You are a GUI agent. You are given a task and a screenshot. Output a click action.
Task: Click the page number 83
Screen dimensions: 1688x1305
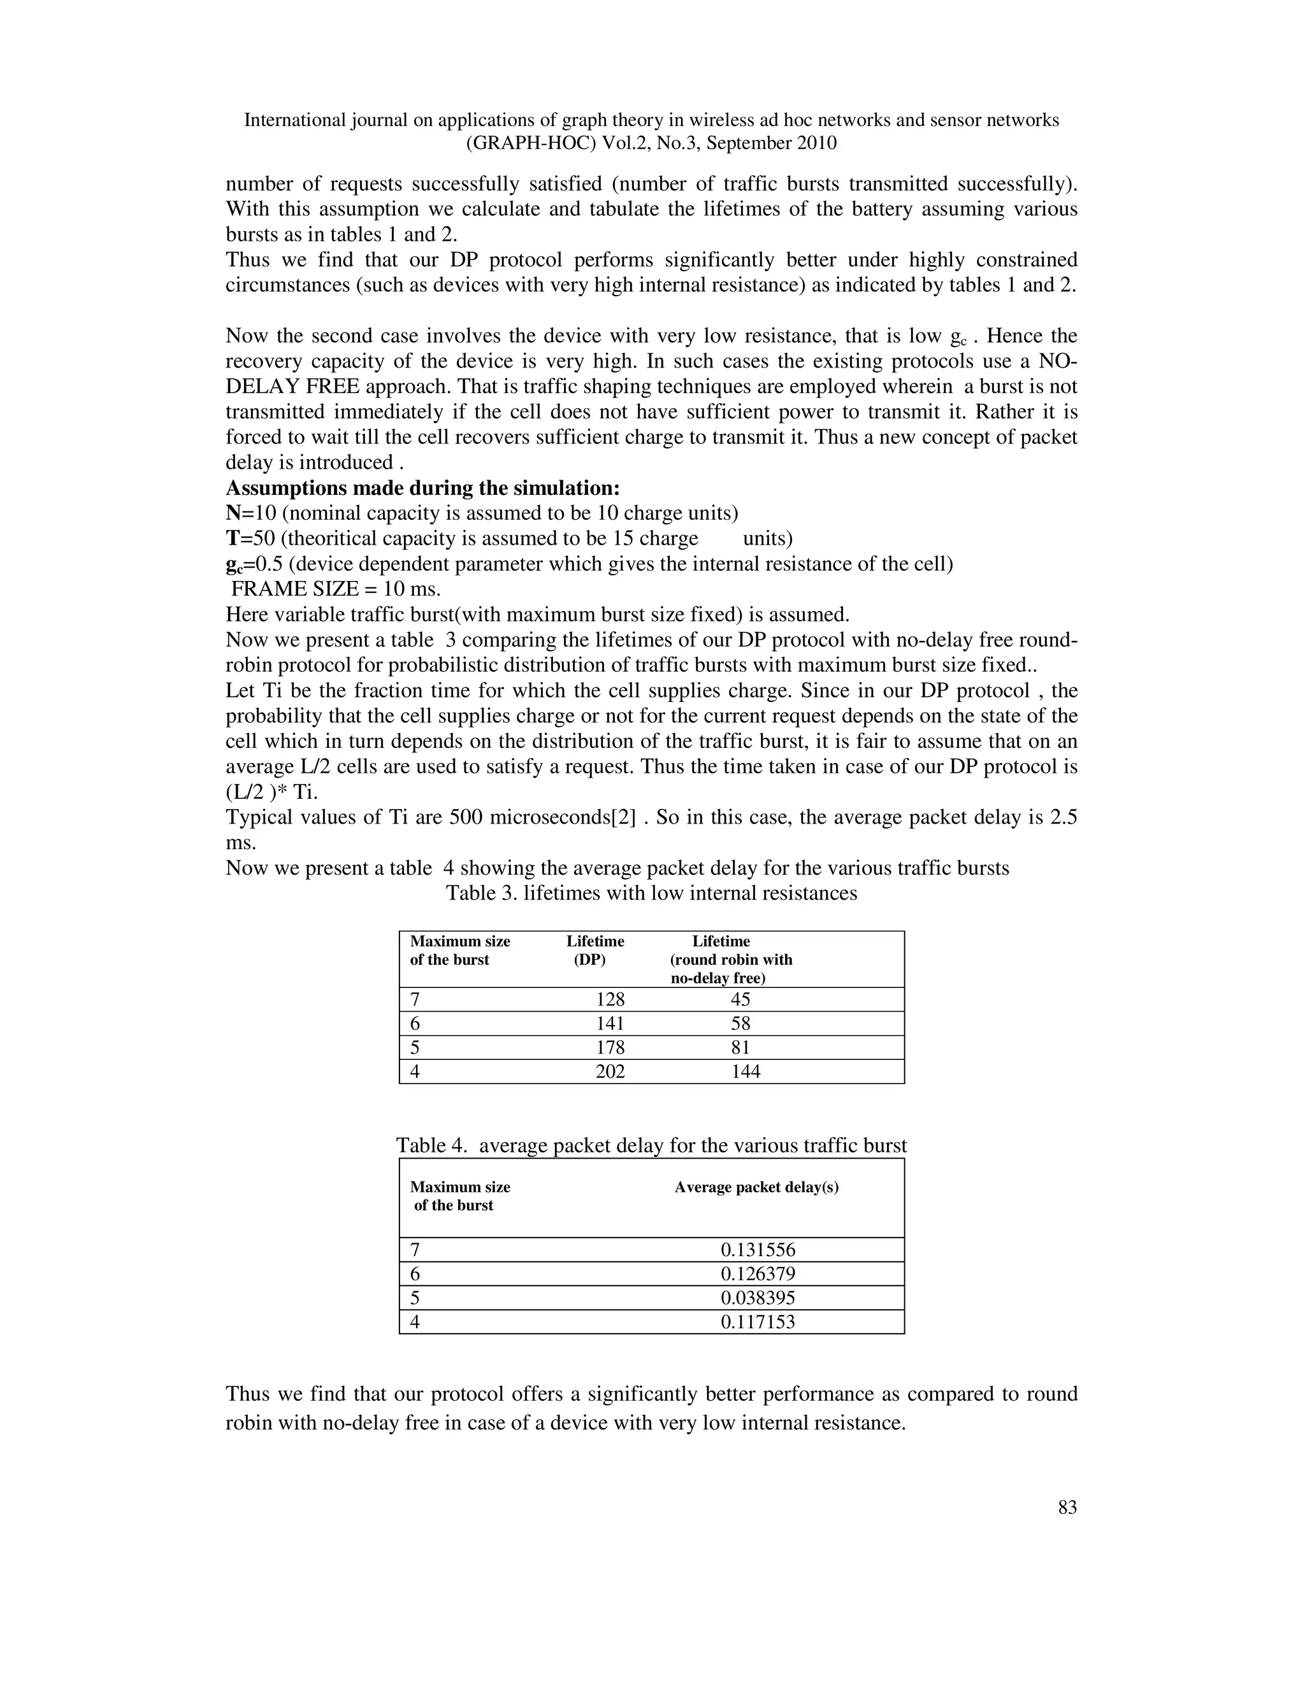pyautogui.click(x=1067, y=1507)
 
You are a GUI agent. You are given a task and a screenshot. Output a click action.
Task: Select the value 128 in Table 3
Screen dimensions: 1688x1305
pyautogui.click(x=610, y=999)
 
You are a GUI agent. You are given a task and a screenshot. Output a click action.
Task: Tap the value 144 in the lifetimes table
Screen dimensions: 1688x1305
pyautogui.click(x=746, y=1071)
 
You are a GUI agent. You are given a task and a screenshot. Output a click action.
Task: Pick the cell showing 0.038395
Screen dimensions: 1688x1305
pyautogui.click(x=758, y=1298)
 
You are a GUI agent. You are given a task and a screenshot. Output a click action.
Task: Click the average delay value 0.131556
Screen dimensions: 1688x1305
pyautogui.click(x=758, y=1250)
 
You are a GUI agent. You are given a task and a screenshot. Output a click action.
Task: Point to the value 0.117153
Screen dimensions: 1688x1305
pyautogui.click(x=758, y=1322)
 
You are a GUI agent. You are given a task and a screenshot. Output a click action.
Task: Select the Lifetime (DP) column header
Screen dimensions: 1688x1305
pyautogui.click(x=594, y=950)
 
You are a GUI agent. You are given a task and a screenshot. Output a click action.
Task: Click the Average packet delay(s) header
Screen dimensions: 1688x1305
pyautogui.click(x=756, y=1187)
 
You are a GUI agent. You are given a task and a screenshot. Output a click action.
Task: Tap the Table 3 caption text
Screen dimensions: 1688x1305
pyautogui.click(x=651, y=894)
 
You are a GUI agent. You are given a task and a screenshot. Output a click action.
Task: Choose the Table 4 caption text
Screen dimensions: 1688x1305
pyautogui.click(x=651, y=1145)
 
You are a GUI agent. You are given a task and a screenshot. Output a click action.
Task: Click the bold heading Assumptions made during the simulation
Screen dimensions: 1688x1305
pyautogui.click(x=423, y=489)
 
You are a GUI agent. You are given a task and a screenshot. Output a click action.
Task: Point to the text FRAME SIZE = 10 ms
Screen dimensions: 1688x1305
pyautogui.click(x=336, y=589)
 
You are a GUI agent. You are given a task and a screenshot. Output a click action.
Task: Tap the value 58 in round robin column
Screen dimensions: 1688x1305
pyautogui.click(x=740, y=1024)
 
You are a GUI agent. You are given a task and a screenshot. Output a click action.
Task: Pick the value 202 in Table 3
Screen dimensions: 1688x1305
pyautogui.click(x=610, y=1071)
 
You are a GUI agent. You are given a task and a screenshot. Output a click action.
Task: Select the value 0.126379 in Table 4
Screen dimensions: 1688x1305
pyautogui.click(x=758, y=1274)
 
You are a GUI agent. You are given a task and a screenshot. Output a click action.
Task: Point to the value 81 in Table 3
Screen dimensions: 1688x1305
pyautogui.click(x=740, y=1047)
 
